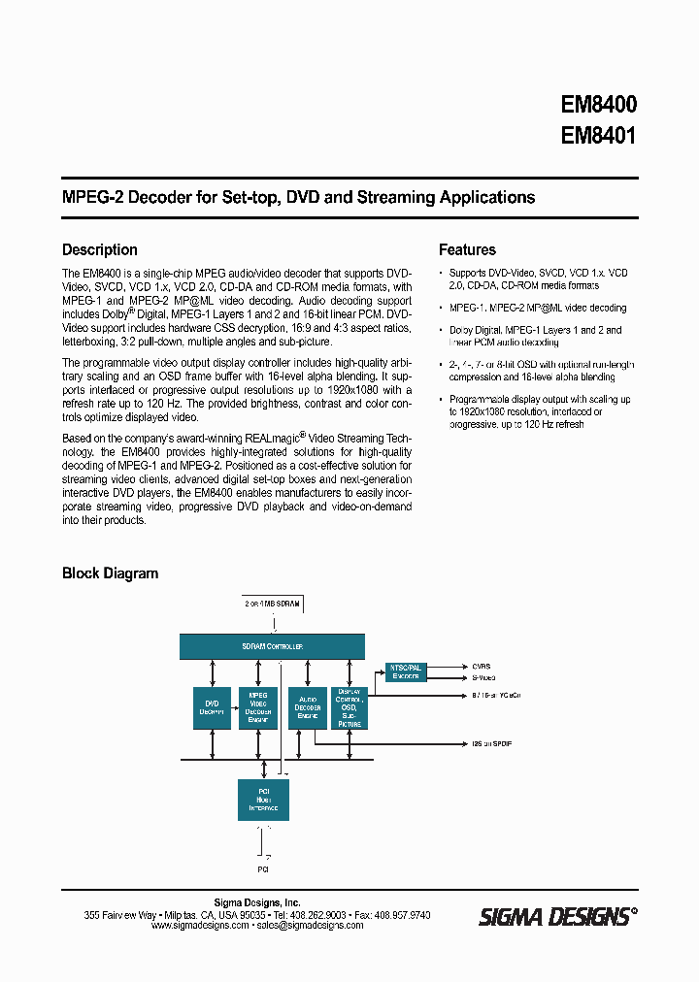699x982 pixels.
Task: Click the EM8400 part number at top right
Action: pos(598,104)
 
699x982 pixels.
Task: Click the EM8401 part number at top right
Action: pos(598,136)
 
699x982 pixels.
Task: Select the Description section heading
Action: pos(100,250)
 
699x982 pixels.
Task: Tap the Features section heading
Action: pos(467,250)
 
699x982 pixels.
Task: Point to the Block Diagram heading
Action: pos(110,573)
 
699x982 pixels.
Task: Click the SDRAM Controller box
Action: pos(272,646)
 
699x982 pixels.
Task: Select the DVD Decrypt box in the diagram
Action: pos(212,707)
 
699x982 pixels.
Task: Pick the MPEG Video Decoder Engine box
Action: pos(258,707)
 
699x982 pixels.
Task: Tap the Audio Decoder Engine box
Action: pos(307,707)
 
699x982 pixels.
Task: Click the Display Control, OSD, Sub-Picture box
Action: pos(349,707)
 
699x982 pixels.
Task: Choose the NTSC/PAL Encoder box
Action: pos(406,671)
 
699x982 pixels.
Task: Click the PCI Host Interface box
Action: pos(263,800)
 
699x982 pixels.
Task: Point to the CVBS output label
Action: pos(483,667)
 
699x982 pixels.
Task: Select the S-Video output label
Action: pos(484,677)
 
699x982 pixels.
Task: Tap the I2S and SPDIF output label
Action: pos(491,744)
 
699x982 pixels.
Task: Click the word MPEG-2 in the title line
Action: pos(92,197)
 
